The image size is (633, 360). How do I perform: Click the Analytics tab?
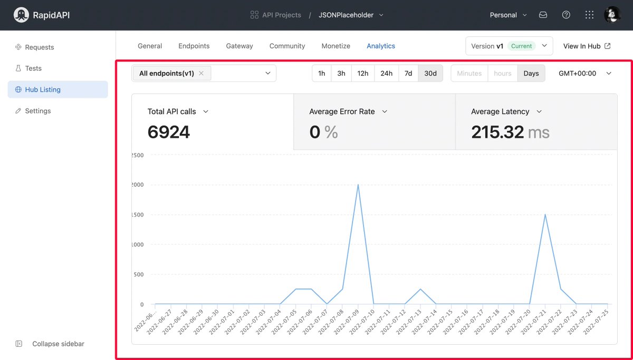point(381,46)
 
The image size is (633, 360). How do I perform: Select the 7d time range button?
point(408,73)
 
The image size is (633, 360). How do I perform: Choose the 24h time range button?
point(386,73)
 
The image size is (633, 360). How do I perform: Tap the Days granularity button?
point(531,73)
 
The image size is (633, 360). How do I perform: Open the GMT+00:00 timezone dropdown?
point(585,73)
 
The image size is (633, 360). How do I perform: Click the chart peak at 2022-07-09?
point(358,185)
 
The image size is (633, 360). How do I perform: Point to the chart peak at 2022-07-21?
point(545,215)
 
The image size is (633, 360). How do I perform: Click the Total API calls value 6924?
point(169,132)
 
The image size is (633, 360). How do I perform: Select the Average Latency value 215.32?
point(497,132)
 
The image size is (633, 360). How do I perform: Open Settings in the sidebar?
point(38,111)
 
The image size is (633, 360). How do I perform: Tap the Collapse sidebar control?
point(58,344)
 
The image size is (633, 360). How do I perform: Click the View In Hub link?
point(587,46)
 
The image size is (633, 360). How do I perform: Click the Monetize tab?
point(336,46)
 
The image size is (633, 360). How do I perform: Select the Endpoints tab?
point(194,46)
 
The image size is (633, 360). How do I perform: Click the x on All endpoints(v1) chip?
point(201,73)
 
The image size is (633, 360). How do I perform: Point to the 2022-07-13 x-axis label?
point(412,320)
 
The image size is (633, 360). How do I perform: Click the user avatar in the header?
point(612,15)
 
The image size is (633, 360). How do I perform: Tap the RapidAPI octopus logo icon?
point(21,15)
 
